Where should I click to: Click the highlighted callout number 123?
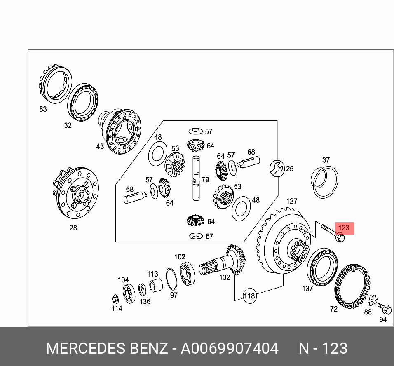point(344,228)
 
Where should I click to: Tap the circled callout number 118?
point(249,296)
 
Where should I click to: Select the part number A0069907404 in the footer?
point(230,348)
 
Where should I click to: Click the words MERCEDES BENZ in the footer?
point(107,348)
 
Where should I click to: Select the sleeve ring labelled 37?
point(324,180)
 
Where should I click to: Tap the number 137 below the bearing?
point(307,289)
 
